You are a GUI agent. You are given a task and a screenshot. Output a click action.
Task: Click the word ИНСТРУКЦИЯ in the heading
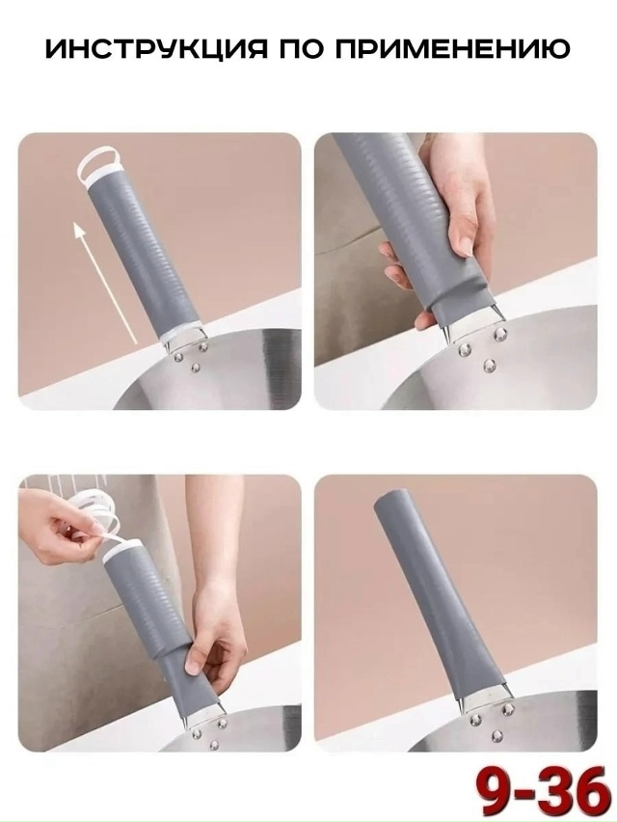coord(156,49)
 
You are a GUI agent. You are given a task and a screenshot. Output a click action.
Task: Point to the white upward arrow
coord(104,283)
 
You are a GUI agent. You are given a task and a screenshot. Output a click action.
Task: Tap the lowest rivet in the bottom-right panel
coord(496,736)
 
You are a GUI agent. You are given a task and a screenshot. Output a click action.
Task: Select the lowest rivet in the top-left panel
coord(197,367)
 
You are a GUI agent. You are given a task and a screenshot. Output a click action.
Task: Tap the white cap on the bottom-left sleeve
coord(121,551)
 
